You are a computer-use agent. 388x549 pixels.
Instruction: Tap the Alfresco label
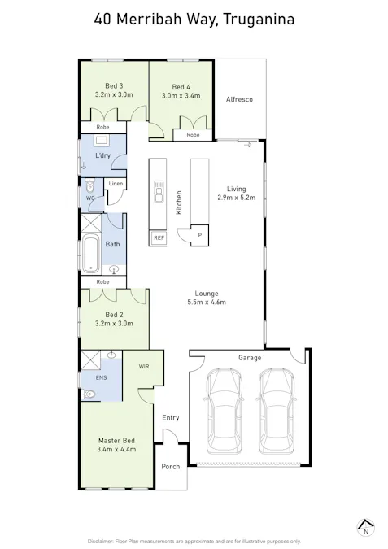click(239, 99)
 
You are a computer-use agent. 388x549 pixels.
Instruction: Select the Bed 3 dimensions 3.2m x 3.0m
click(114, 94)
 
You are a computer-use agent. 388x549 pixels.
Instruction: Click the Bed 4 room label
click(181, 87)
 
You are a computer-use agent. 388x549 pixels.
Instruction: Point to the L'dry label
click(103, 155)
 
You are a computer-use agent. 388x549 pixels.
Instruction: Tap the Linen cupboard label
click(116, 184)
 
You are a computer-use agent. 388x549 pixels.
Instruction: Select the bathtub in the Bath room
click(90, 254)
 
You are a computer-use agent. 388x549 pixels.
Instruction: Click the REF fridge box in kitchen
click(159, 237)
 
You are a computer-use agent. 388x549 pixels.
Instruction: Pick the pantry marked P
click(199, 234)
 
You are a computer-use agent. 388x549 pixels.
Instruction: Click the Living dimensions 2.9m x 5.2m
click(236, 198)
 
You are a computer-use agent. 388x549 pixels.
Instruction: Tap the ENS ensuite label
click(101, 377)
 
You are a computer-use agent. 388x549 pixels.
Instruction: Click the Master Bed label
click(116, 440)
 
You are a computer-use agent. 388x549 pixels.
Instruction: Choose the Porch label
click(170, 467)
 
